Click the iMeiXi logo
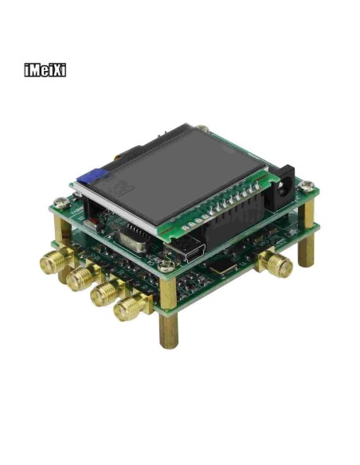[45, 70]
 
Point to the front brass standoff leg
[168, 330]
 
